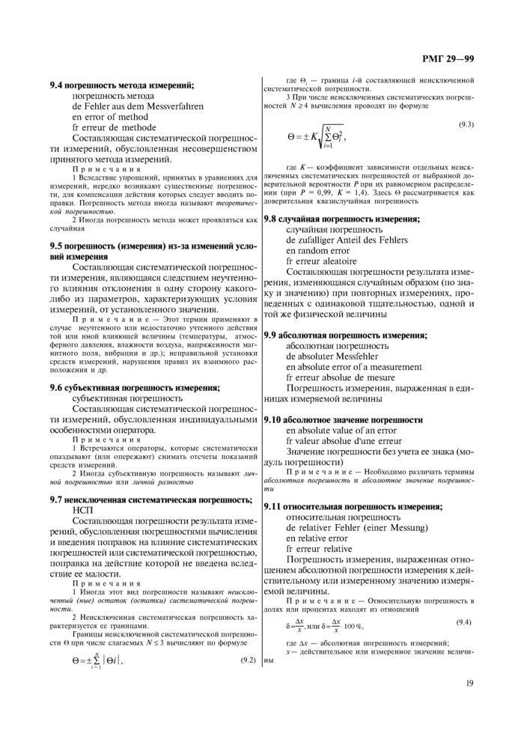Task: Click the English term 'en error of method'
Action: coord(110,117)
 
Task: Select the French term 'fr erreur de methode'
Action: coord(114,127)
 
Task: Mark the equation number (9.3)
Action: coord(466,123)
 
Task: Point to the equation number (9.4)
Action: coord(466,622)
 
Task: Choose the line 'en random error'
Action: coord(317,251)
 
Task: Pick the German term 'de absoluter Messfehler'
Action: coord(332,356)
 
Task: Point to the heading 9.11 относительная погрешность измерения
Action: coord(349,506)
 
